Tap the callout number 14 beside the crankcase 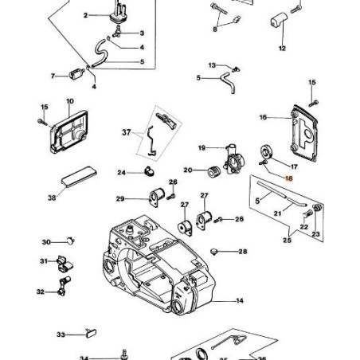pos(240,301)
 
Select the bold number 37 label pos(127,132)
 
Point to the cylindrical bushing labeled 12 pos(280,21)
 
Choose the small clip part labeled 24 pos(147,171)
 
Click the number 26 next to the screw pos(238,219)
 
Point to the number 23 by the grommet pos(315,234)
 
